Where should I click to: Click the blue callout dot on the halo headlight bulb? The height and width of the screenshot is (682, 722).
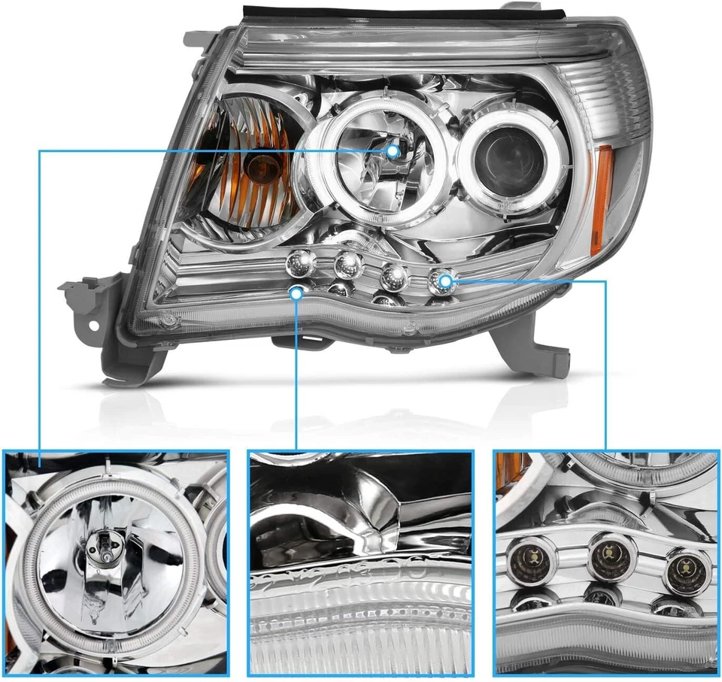[393, 152]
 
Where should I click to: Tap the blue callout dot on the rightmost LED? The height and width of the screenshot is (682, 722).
[445, 282]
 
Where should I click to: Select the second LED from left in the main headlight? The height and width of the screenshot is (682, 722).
[348, 264]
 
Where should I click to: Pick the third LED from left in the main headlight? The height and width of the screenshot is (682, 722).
[394, 276]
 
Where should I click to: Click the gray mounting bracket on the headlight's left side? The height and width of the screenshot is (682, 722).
[86, 301]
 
